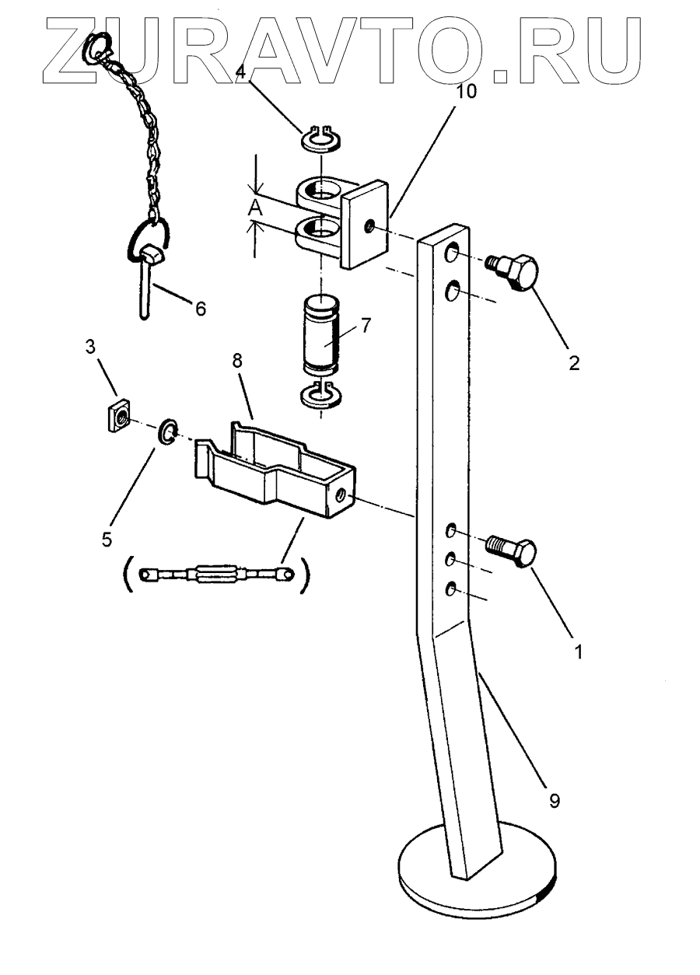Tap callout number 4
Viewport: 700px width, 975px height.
(x=241, y=72)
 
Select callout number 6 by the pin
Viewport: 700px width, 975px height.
(x=200, y=309)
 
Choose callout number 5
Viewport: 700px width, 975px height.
(x=107, y=538)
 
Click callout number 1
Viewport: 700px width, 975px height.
(x=576, y=652)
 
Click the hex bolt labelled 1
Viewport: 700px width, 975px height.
(x=513, y=551)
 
